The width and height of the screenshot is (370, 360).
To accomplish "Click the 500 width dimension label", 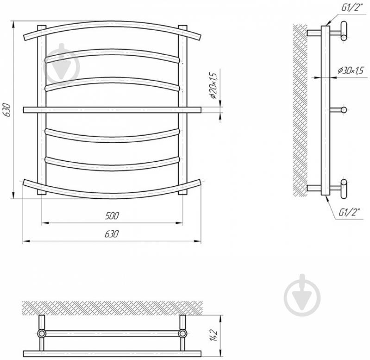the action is (112, 216).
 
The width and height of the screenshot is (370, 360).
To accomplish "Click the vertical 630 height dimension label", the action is (7, 109).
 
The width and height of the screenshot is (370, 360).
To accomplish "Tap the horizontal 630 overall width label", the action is (112, 234).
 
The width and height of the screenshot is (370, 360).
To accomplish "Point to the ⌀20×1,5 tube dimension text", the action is (213, 85).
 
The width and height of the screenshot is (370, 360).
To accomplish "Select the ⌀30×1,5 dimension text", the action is (351, 70).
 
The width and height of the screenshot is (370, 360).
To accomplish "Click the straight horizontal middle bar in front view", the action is (112, 110).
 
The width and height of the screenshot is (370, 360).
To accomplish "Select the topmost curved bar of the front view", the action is (112, 24).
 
